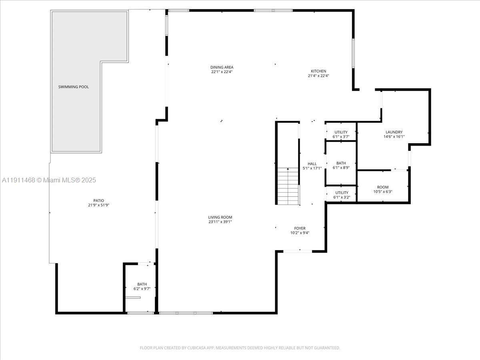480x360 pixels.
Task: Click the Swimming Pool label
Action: [74, 87]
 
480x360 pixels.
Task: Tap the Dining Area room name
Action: [222, 67]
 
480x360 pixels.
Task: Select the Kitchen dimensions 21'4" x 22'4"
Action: [318, 76]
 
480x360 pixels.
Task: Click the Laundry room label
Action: [394, 132]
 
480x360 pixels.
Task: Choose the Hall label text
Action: [312, 164]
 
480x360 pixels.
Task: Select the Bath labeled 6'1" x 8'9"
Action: [341, 166]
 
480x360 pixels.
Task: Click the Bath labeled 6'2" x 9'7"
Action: [142, 286]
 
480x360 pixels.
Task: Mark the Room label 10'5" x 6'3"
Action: [382, 189]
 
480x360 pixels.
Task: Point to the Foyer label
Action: [300, 228]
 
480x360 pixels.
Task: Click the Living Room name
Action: [220, 217]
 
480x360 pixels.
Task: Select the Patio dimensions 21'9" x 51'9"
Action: [98, 205]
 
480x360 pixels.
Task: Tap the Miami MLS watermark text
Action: [49, 180]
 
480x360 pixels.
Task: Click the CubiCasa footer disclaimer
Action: [240, 348]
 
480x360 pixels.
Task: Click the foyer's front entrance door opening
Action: [298, 251]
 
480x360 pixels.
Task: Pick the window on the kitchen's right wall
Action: [353, 53]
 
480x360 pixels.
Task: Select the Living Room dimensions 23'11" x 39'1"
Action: [220, 222]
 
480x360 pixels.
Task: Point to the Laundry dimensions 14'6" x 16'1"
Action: [394, 136]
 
